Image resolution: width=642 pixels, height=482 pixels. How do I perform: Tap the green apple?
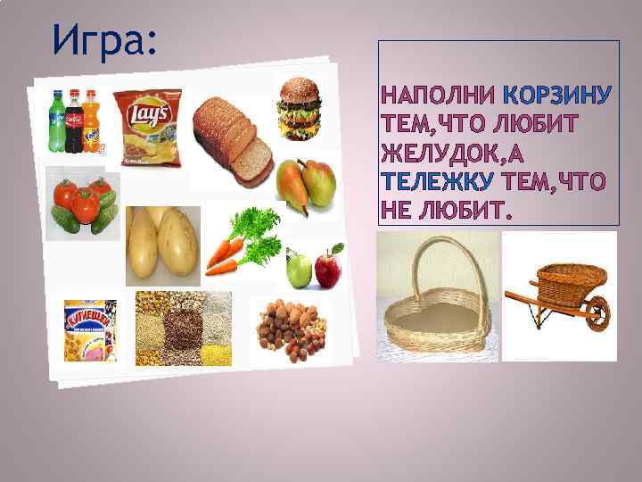pos(300,270)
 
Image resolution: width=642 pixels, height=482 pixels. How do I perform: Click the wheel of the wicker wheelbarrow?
pos(596,313)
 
